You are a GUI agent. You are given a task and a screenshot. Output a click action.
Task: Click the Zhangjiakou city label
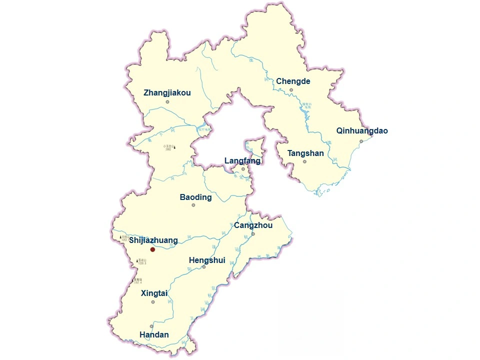[x=167, y=93]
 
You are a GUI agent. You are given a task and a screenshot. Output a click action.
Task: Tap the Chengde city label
[x=293, y=81]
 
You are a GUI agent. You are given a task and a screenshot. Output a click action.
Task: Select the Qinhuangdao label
[x=362, y=131]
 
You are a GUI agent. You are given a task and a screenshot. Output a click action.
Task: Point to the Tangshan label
[x=305, y=153]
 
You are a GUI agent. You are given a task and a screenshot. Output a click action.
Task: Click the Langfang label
[x=242, y=161]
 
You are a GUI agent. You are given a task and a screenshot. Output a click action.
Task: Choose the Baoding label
[x=195, y=197]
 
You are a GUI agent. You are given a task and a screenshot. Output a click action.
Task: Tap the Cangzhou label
[x=253, y=225]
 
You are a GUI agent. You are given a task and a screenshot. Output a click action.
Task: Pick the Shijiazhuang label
[x=153, y=240]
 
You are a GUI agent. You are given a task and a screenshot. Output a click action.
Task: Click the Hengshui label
[x=207, y=260]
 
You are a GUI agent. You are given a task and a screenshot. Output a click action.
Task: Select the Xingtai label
[x=154, y=293]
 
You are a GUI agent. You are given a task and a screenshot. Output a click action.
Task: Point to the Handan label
[x=154, y=335]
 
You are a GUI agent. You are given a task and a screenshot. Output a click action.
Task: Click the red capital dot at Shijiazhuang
[x=152, y=249]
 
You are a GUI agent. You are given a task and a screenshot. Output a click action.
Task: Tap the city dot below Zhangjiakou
[x=167, y=102]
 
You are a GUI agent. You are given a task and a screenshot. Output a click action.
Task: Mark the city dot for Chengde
[x=291, y=90]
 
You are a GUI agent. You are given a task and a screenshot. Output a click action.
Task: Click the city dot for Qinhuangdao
[x=361, y=141]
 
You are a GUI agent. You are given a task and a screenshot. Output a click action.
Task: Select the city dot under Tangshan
[x=304, y=161]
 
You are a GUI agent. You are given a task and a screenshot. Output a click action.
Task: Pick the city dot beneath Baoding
[x=193, y=205]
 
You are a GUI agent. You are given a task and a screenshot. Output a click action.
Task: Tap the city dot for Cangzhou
[x=253, y=234]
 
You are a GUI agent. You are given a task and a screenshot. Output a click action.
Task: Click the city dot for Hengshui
[x=204, y=267]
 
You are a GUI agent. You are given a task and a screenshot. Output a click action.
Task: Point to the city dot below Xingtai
[x=153, y=301]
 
